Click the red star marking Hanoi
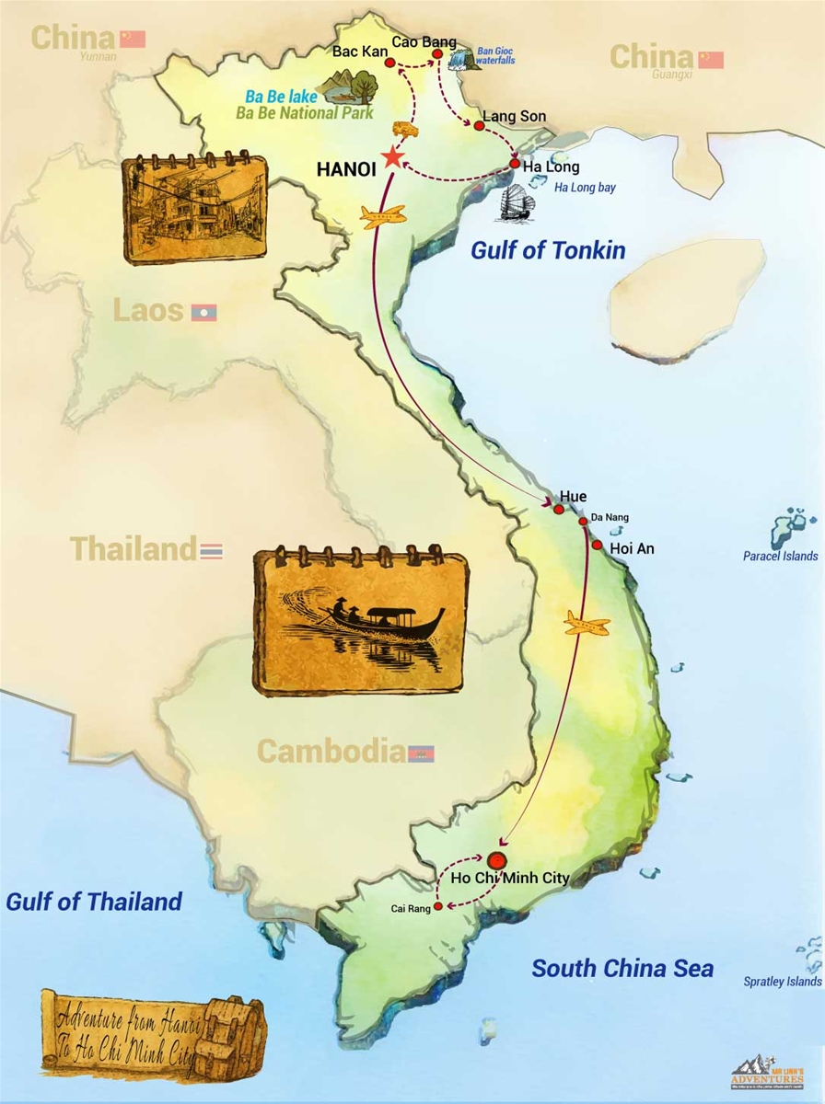pos(393,156)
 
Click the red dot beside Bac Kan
pos(389,63)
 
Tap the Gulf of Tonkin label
pos(548,250)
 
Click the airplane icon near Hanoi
pos(383,217)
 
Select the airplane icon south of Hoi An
pos(587,626)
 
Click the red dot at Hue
pos(558,509)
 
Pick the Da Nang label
pos(610,517)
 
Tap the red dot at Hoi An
pos(597,546)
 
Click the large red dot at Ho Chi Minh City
pos(497,861)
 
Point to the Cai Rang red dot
pos(438,907)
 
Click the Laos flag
pos(203,313)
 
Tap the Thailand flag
pos(212,551)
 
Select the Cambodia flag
pos(421,753)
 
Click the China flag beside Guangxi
pos(710,60)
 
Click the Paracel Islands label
pos(780,556)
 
